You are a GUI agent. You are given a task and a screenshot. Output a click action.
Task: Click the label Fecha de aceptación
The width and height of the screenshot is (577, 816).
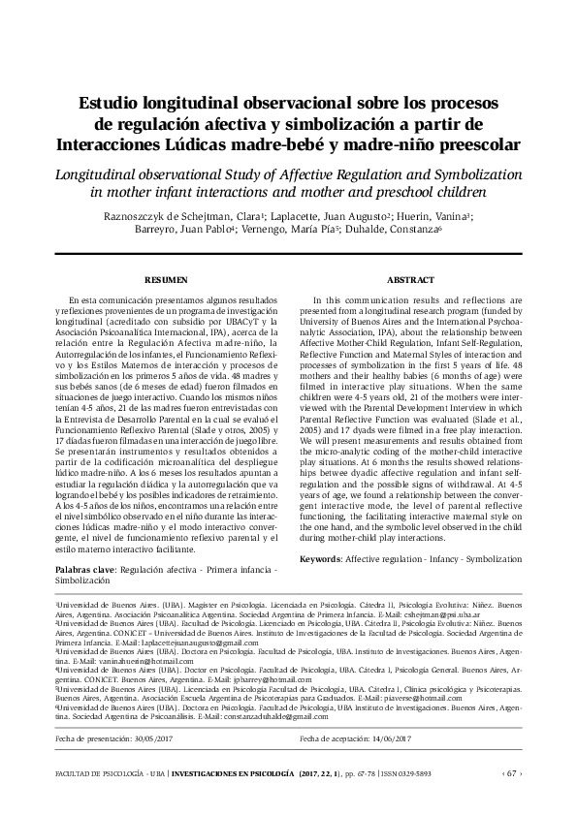(x=330, y=740)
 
